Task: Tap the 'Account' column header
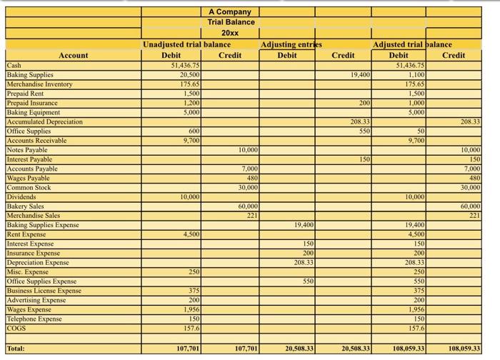[x=74, y=55]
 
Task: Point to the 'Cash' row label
[x=14, y=65]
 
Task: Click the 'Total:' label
[x=18, y=349]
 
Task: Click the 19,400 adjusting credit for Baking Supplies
[x=360, y=74]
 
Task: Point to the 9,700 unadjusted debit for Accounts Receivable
[x=190, y=140]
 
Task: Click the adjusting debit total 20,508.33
[x=299, y=349]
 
